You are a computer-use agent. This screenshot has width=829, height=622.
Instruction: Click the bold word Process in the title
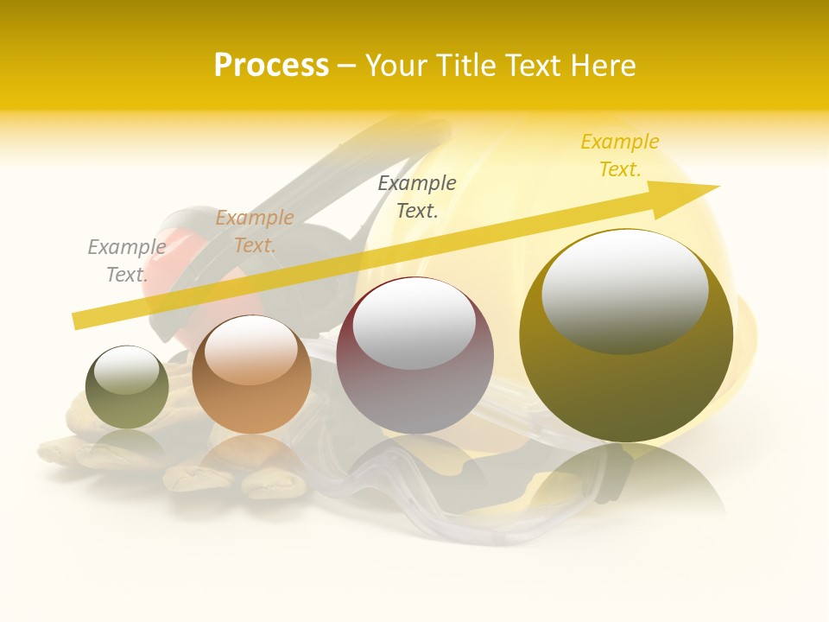point(271,66)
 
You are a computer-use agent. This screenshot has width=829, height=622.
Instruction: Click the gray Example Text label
point(126,260)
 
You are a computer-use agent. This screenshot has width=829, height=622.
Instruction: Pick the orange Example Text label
point(254,231)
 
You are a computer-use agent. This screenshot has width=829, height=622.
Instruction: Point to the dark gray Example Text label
point(416,196)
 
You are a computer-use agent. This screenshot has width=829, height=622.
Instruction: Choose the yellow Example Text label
point(619,155)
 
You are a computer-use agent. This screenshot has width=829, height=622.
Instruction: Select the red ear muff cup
point(173,259)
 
